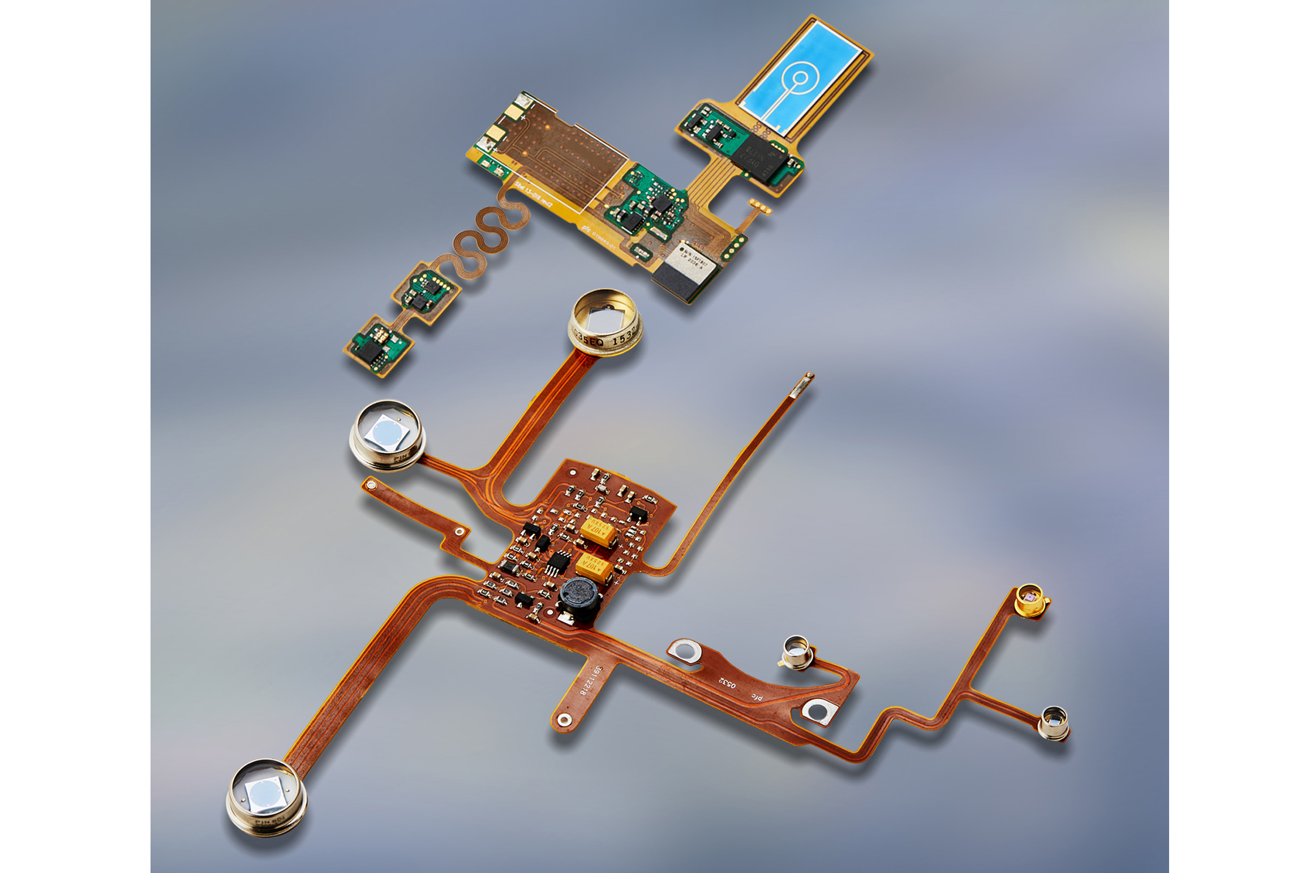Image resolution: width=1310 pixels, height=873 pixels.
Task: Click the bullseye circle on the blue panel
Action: [x=800, y=78]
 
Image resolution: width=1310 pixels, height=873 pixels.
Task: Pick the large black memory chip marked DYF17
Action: [x=761, y=156]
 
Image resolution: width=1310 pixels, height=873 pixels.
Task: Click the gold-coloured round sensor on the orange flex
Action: [x=1030, y=600]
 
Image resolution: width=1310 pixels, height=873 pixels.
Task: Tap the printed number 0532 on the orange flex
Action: [x=727, y=682]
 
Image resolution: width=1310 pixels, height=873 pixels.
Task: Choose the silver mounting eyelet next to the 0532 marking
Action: [x=685, y=651]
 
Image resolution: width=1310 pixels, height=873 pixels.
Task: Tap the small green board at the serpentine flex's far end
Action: [x=377, y=346]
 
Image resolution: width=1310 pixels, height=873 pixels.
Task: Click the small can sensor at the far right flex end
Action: [x=1054, y=723]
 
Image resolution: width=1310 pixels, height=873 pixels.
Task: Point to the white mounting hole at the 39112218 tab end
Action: [x=564, y=720]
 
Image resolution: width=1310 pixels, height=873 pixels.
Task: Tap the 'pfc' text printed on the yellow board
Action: [x=587, y=227]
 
